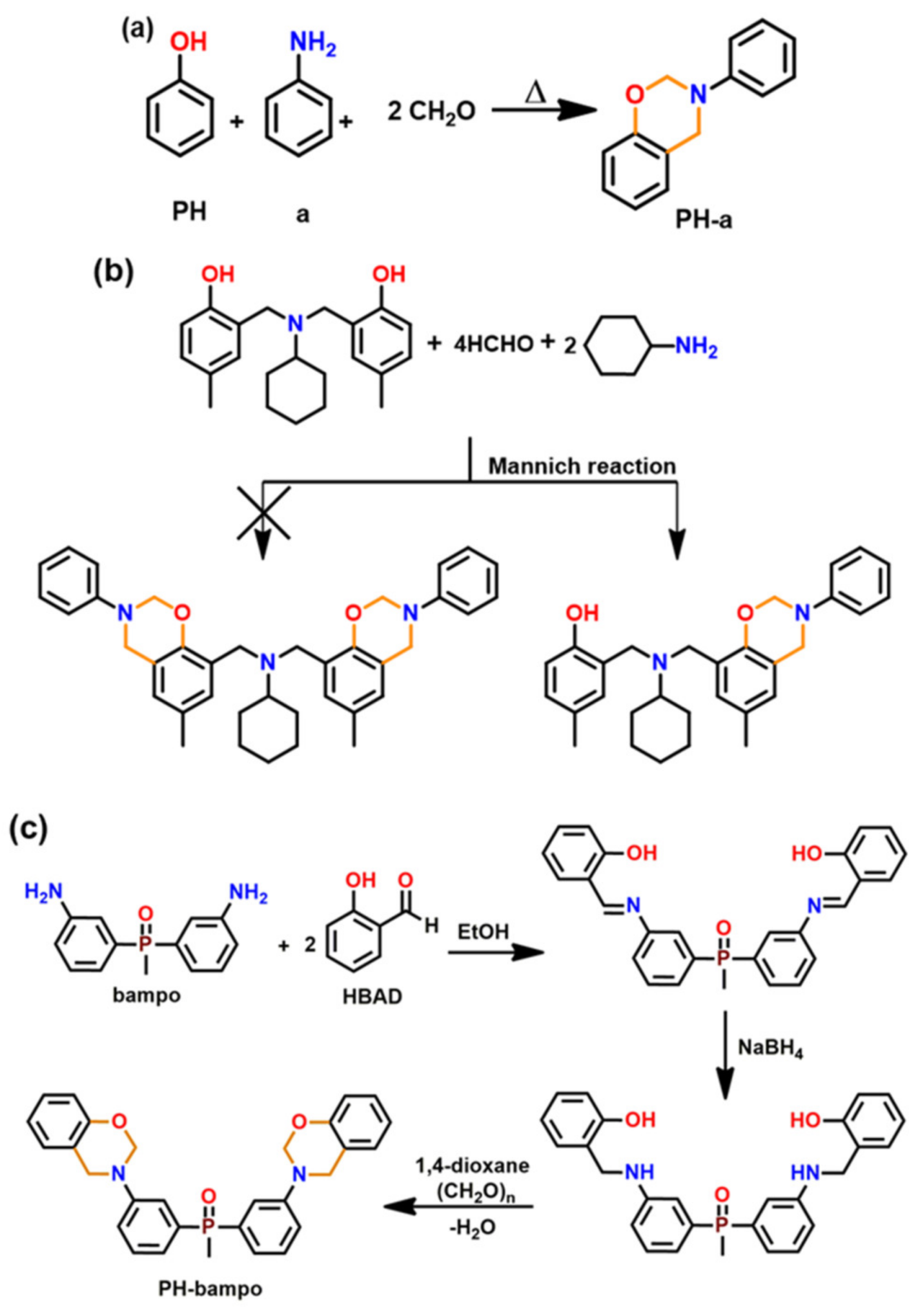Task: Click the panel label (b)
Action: (114, 272)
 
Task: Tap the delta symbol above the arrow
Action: (536, 93)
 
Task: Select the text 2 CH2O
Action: (431, 111)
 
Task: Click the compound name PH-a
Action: (704, 221)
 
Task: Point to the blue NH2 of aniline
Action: (313, 45)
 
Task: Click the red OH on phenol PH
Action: (189, 43)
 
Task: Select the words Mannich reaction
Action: (582, 466)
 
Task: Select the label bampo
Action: (147, 995)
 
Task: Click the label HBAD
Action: (372, 996)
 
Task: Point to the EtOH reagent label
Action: (483, 932)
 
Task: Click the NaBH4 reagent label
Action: (771, 1047)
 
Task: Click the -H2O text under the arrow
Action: (472, 1227)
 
